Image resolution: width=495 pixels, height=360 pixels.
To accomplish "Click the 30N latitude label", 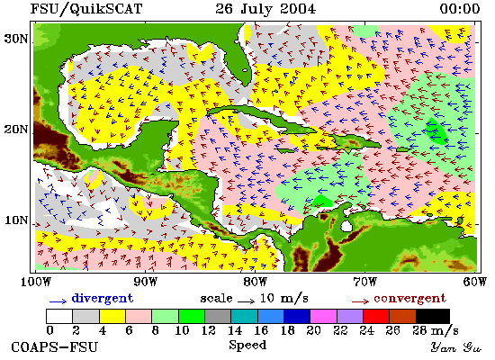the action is tap(16, 40).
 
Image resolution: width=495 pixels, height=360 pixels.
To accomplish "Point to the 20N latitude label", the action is tap(16, 130).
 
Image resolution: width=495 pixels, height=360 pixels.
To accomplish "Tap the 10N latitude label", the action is tap(16, 220).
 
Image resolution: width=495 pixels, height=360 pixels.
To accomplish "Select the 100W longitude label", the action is tap(35, 282).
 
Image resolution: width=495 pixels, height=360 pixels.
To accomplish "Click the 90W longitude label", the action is tap(146, 282).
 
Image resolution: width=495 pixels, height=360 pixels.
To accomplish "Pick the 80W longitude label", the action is tap(256, 282).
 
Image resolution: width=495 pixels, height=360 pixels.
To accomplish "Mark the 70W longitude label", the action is tap(365, 282).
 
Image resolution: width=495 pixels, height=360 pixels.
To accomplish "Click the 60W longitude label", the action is tap(475, 282).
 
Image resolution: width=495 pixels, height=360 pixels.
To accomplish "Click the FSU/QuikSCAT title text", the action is tap(86, 9).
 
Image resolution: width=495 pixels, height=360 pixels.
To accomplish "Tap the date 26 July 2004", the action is tap(265, 8).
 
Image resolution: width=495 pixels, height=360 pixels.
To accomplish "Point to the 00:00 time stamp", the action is tap(460, 8).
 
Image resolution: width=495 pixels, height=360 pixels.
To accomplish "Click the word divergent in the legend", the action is tap(103, 299).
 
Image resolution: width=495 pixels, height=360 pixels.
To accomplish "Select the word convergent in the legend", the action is tap(409, 299).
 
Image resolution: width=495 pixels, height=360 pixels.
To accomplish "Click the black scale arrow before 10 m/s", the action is tap(247, 301).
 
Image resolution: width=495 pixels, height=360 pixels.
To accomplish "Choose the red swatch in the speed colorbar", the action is tap(376, 316).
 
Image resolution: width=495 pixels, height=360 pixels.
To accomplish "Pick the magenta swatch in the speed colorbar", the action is tap(323, 316).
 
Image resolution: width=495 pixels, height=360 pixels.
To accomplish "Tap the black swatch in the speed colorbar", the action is tap(433, 316).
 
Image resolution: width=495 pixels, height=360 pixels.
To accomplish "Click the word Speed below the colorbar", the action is tap(247, 346).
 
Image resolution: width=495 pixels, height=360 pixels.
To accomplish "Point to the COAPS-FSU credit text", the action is tap(54, 347).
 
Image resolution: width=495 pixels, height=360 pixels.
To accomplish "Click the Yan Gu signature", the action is tap(456, 347).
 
